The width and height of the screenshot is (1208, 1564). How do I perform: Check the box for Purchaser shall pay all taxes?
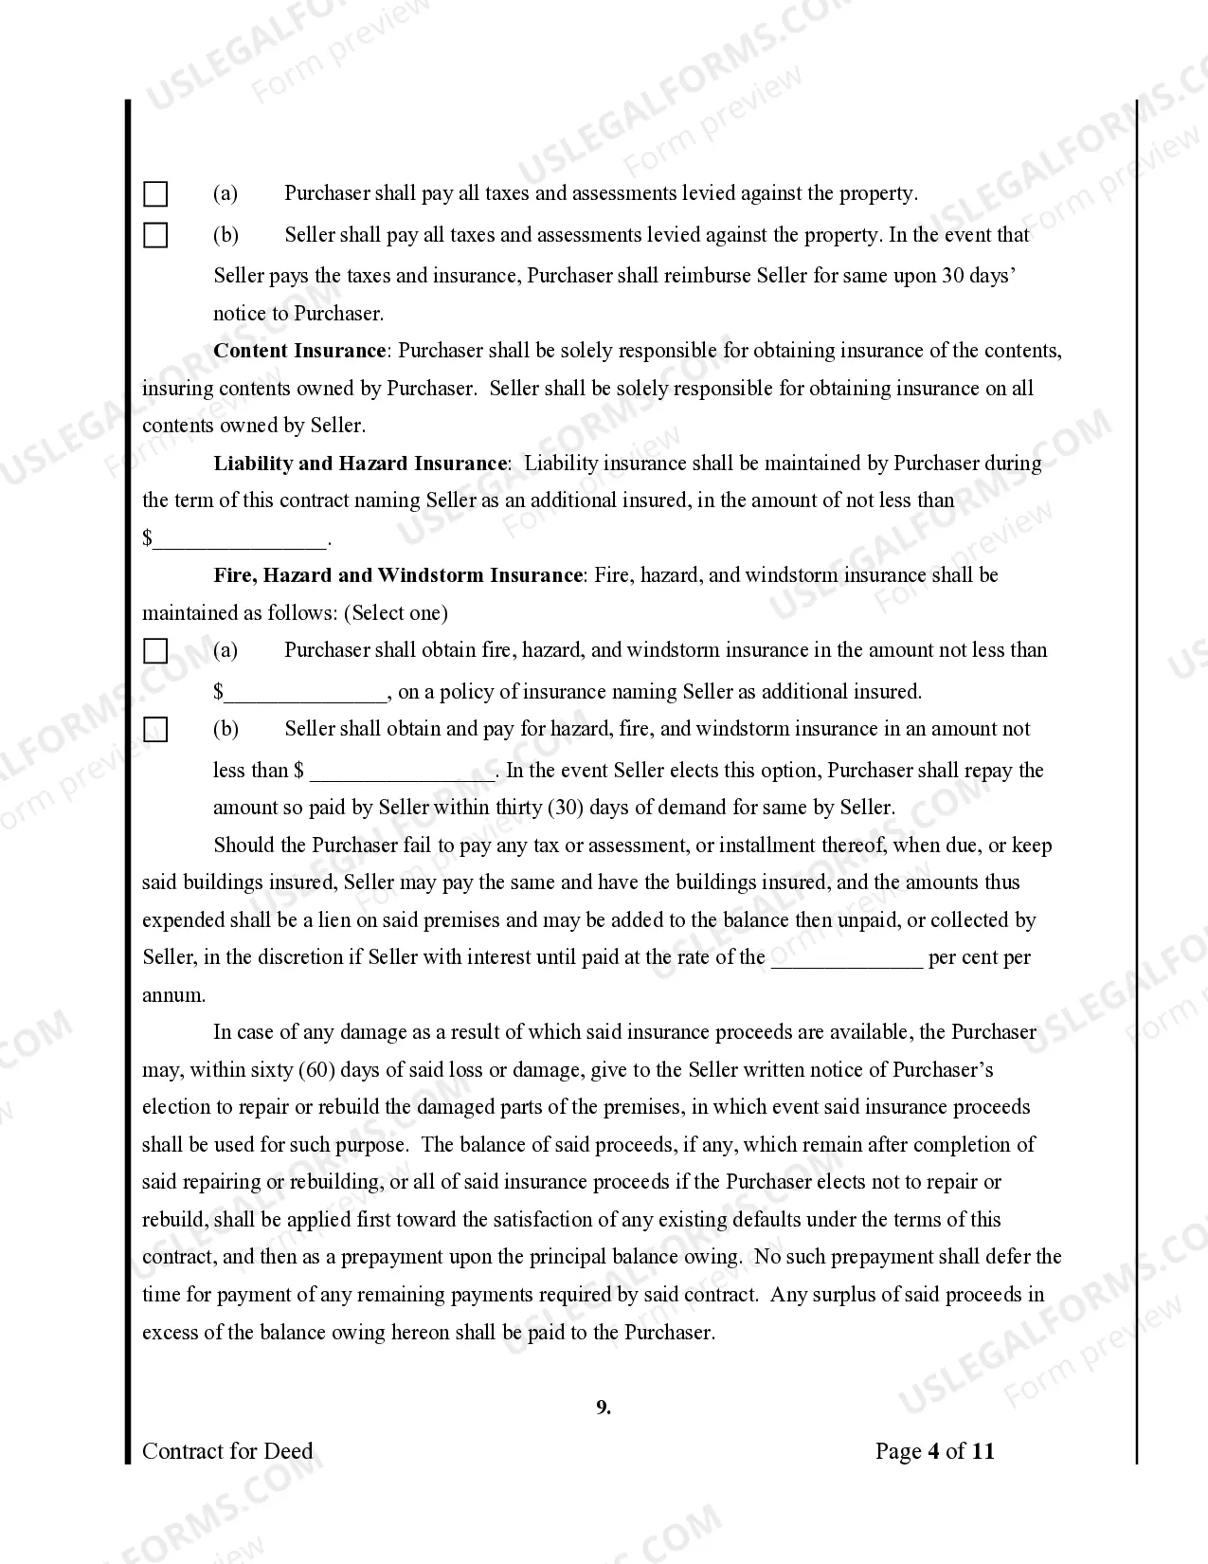click(155, 194)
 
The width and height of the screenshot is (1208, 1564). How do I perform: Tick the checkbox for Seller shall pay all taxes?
click(155, 235)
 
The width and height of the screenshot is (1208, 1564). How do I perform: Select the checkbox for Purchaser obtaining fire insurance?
click(155, 651)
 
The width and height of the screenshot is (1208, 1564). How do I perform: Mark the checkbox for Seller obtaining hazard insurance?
click(155, 730)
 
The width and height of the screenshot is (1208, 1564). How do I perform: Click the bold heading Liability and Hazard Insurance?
click(361, 464)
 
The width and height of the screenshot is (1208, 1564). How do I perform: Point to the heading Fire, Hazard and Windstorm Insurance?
click(398, 575)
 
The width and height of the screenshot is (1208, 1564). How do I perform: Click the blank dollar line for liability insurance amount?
click(240, 540)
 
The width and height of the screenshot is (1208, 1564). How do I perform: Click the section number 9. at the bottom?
click(604, 1408)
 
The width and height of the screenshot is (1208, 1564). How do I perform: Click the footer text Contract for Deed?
click(227, 1451)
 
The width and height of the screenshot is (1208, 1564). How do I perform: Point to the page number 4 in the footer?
click(933, 1451)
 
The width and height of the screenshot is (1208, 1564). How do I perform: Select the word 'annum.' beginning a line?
click(173, 995)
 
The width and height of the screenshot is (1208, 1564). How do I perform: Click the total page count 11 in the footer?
click(983, 1451)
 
